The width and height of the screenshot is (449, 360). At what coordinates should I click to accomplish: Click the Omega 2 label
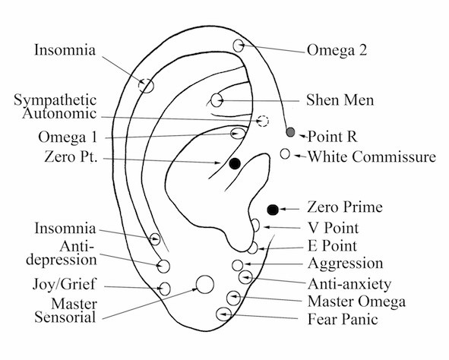click(x=337, y=50)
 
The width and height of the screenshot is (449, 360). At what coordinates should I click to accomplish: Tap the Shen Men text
click(x=340, y=100)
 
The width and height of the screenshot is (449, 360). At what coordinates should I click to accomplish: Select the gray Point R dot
click(x=290, y=132)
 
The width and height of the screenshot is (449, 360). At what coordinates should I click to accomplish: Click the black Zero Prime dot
click(x=273, y=210)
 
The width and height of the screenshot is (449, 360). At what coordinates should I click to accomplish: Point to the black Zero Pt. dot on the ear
click(x=235, y=163)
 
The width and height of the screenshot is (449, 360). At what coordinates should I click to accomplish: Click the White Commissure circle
click(x=285, y=153)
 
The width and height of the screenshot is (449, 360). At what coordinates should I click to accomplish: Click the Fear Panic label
click(x=343, y=319)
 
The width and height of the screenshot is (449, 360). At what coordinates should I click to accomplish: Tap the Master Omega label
click(x=357, y=302)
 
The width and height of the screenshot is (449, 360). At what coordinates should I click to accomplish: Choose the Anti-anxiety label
click(x=349, y=284)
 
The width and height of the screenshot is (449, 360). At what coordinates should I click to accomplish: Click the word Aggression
click(x=346, y=264)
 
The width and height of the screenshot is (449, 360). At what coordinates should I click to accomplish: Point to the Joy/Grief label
click(x=64, y=284)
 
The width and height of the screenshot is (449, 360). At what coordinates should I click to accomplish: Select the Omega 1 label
click(x=68, y=137)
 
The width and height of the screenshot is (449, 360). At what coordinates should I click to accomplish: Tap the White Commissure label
click(x=372, y=156)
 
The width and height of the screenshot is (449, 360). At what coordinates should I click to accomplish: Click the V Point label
click(x=333, y=228)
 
